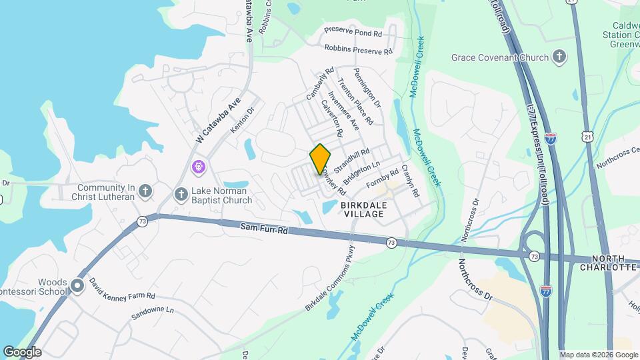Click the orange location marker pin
(x=320, y=159)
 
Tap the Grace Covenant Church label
(x=499, y=57)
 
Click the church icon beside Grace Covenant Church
(x=559, y=57)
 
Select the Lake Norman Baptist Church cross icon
(x=180, y=195)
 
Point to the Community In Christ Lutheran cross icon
(x=145, y=193)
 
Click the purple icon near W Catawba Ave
(x=199, y=167)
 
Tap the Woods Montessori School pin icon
(x=77, y=287)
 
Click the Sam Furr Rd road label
(x=264, y=229)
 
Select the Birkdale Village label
(x=363, y=210)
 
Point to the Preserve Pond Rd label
(x=353, y=31)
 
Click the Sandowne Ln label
(x=152, y=310)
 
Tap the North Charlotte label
(x=614, y=263)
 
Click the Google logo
(x=22, y=352)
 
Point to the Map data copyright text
(x=599, y=355)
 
